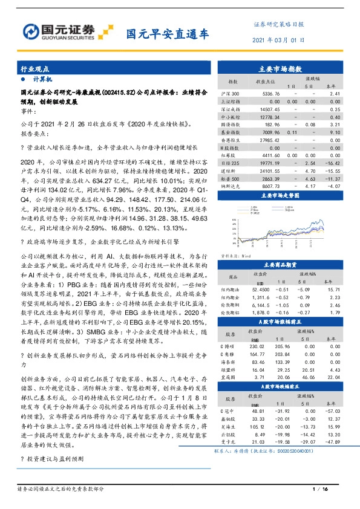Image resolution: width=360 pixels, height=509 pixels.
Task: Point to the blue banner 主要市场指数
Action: (x=284, y=70)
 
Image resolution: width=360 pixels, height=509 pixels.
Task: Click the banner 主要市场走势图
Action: (x=284, y=196)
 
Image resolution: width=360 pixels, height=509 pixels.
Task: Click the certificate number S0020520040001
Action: (x=321, y=451)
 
